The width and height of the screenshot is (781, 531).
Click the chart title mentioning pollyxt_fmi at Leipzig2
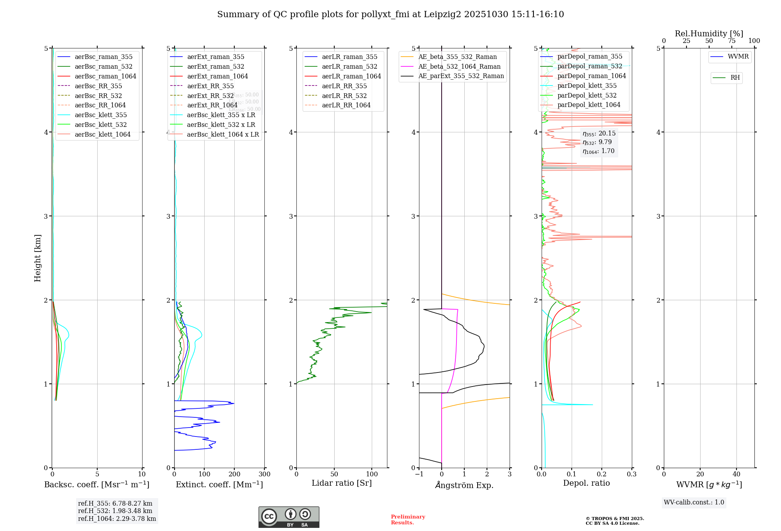390,14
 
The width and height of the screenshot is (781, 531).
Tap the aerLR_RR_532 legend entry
344,96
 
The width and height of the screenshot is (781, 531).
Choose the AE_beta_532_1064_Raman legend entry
459,66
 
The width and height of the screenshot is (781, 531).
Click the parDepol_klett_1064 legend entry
588,105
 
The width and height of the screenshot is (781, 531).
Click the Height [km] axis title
37,258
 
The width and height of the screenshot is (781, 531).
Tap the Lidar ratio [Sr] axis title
342,483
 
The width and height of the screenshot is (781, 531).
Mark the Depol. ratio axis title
586,483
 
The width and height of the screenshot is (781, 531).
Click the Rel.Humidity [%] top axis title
709,34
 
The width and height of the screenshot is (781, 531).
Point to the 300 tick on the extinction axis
264,474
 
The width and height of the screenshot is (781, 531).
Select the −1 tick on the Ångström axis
419,474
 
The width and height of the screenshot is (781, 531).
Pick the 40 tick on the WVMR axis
736,474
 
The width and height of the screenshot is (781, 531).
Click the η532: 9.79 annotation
597,142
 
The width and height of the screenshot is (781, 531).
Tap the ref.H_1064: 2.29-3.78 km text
117,519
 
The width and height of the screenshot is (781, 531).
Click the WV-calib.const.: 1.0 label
694,502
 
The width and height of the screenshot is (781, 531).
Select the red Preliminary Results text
408,519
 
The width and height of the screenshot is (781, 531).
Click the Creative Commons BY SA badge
289,517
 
